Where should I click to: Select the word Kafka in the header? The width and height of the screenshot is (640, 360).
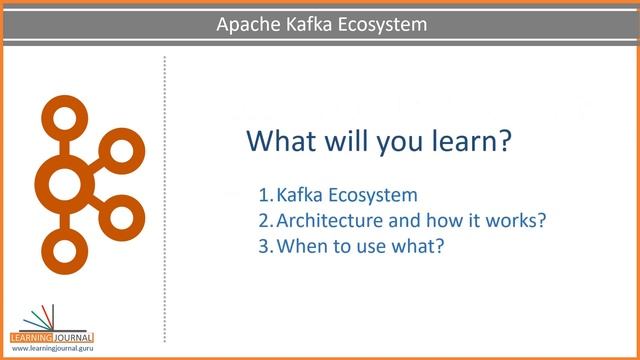click(x=306, y=23)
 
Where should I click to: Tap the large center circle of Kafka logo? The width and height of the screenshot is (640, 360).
click(x=64, y=183)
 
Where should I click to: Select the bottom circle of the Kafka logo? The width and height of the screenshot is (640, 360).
click(x=64, y=249)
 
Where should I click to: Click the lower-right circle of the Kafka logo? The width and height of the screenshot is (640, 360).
click(x=120, y=214)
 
